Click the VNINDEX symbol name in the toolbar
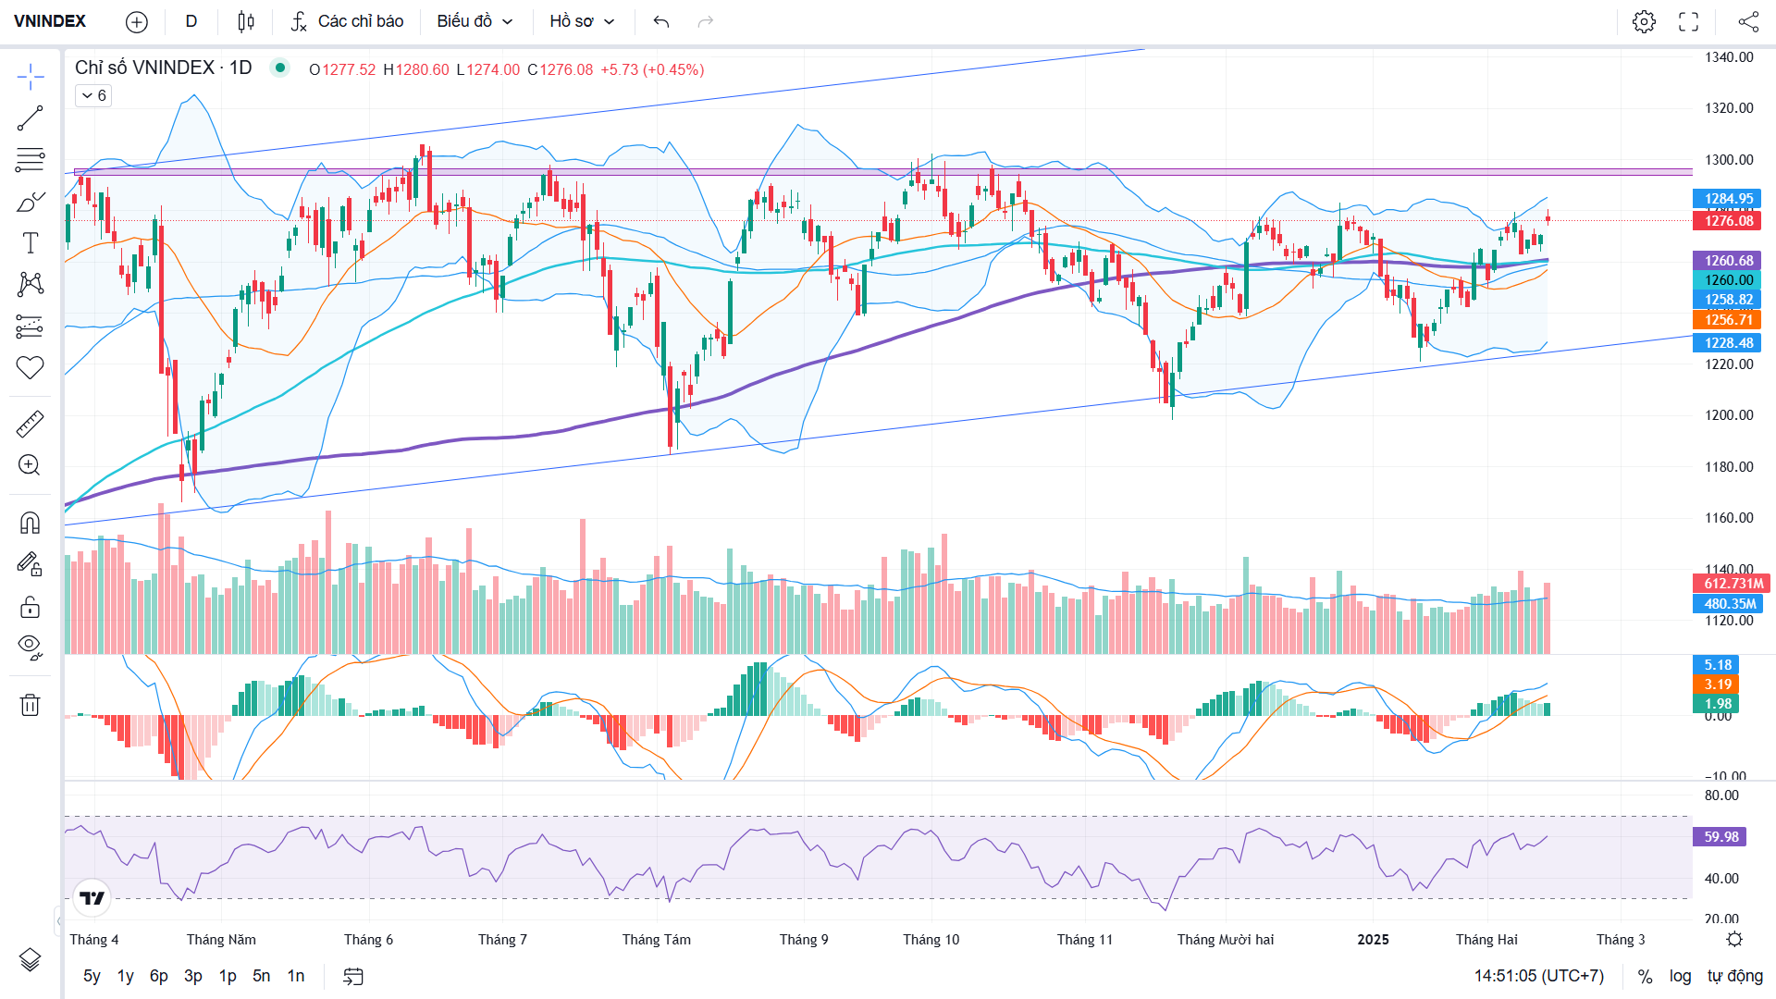tap(50, 21)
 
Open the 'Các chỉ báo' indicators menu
tap(348, 21)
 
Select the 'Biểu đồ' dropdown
tap(475, 21)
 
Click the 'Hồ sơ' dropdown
tap(582, 21)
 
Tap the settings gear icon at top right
tap(1644, 21)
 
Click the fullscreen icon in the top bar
tap(1689, 21)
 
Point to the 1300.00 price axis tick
tap(1729, 160)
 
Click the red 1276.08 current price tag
tap(1728, 221)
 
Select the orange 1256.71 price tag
tap(1728, 320)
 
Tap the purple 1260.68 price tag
tap(1728, 261)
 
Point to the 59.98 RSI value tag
tap(1720, 837)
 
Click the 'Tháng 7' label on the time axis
tap(502, 940)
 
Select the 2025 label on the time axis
tap(1373, 940)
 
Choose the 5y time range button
tap(92, 976)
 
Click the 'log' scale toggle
tap(1680, 976)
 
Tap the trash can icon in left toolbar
tap(30, 705)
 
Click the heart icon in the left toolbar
tap(30, 368)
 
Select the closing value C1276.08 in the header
tap(561, 69)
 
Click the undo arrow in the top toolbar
tap(660, 21)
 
